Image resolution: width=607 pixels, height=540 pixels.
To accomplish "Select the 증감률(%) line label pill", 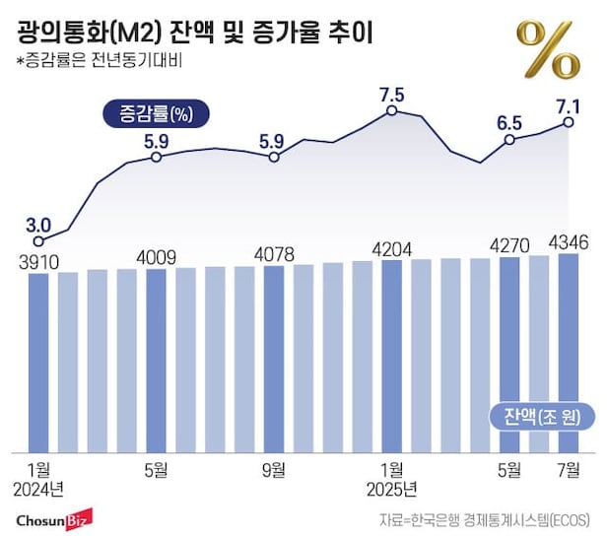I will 152,112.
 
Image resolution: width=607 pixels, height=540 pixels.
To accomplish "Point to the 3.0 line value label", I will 38,223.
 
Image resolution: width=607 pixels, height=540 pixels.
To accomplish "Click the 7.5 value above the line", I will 391,95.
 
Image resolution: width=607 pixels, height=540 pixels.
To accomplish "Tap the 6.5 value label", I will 509,122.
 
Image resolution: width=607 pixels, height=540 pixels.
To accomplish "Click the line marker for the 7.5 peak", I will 391,111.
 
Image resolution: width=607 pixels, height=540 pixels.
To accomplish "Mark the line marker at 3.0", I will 38,240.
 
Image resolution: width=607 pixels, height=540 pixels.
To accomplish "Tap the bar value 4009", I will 156,258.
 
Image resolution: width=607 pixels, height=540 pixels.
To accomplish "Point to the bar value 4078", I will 274,254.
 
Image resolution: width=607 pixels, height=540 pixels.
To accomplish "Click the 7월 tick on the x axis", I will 568,469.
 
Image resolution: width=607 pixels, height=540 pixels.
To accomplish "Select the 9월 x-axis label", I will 274,469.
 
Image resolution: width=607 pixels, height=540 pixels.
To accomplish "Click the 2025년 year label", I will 392,489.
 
